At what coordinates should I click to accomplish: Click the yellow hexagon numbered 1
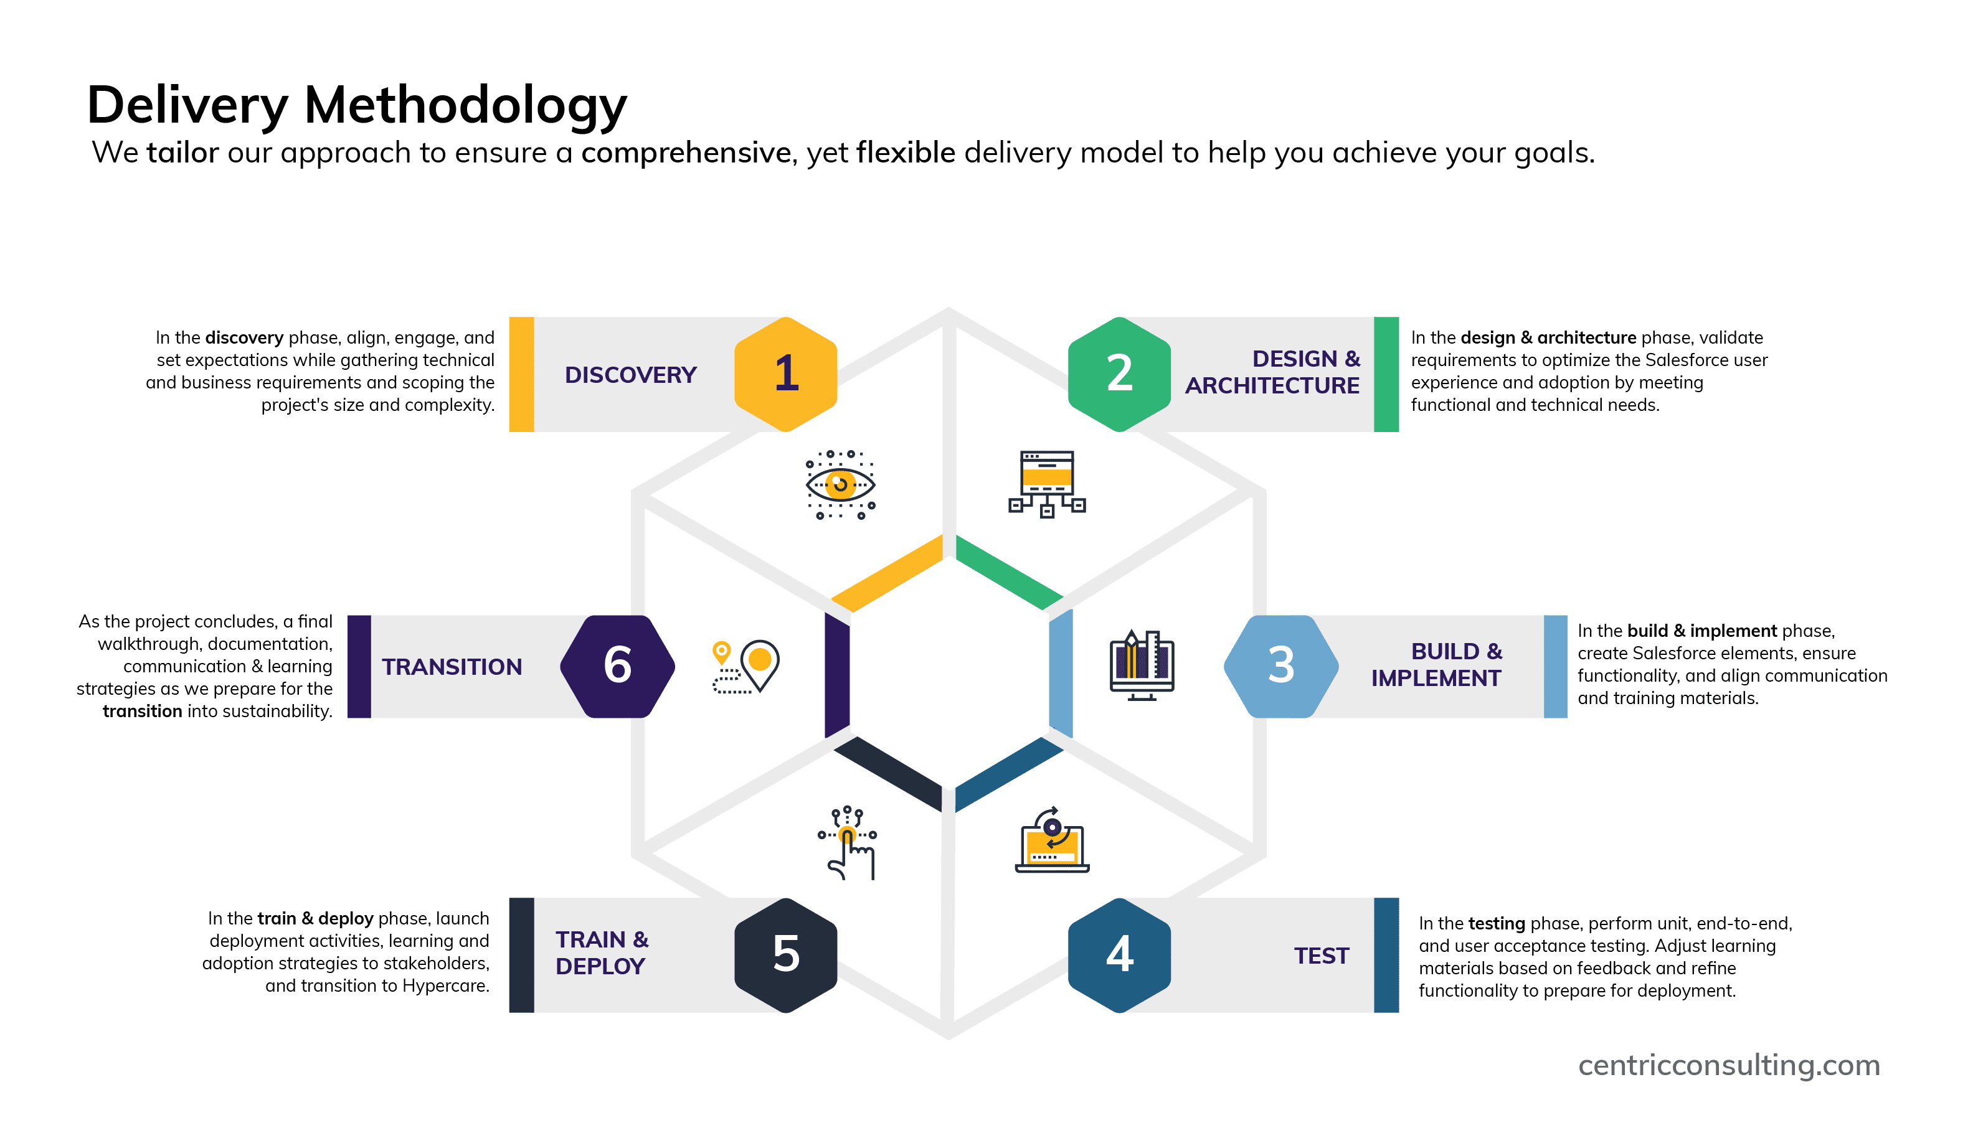pyautogui.click(x=786, y=374)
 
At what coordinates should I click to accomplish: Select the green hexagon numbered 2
pyautogui.click(x=1119, y=374)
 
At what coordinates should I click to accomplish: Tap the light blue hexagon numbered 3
pyautogui.click(x=1281, y=666)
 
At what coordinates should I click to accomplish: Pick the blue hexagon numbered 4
pyautogui.click(x=1119, y=955)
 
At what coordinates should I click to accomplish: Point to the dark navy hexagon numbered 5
pyautogui.click(x=786, y=955)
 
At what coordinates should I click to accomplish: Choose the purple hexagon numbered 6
pyautogui.click(x=617, y=666)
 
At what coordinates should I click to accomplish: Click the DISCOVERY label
pyautogui.click(x=630, y=375)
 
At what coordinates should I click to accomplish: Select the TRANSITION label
pyautogui.click(x=452, y=667)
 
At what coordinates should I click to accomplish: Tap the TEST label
pyautogui.click(x=1321, y=956)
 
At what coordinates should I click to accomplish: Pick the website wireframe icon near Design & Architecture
pyautogui.click(x=1047, y=483)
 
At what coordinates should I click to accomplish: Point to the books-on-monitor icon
pyautogui.click(x=1142, y=665)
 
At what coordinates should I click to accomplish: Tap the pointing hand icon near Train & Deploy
pyautogui.click(x=848, y=844)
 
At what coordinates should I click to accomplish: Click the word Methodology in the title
pyautogui.click(x=465, y=105)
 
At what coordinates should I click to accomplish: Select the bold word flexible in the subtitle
pyautogui.click(x=905, y=153)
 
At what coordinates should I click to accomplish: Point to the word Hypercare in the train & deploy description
pyautogui.click(x=445, y=986)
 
